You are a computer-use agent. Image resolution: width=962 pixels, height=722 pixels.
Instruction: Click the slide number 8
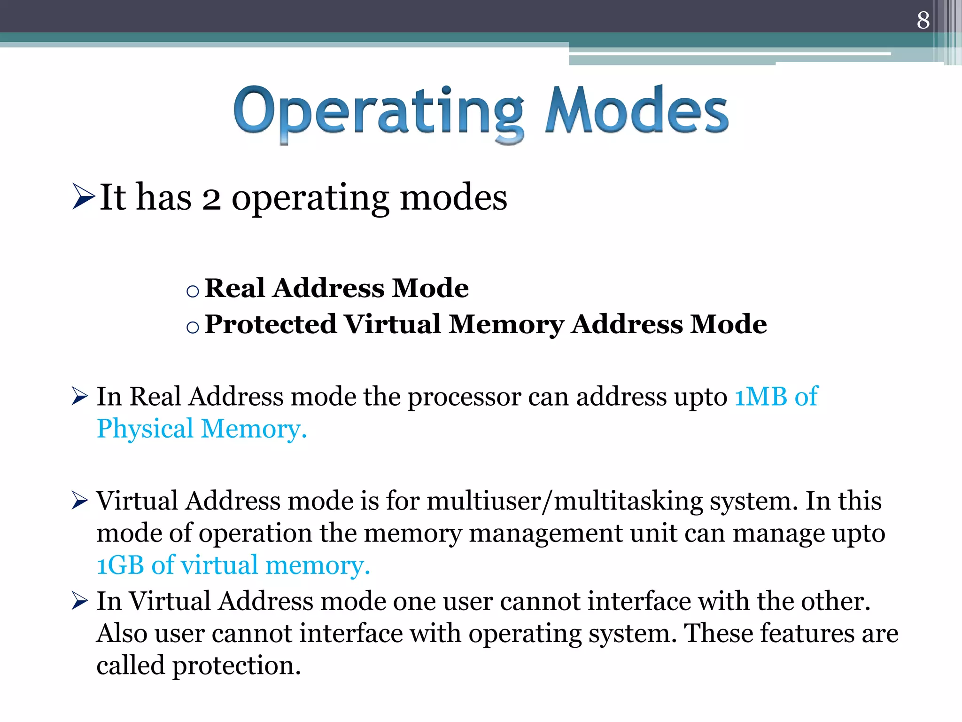(x=923, y=20)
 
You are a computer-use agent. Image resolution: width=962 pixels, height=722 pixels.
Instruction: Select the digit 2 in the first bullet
(x=211, y=199)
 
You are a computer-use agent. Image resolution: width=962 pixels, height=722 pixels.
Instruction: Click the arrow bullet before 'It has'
(x=84, y=196)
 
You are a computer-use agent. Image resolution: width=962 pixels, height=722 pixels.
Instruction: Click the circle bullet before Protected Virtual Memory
(x=193, y=327)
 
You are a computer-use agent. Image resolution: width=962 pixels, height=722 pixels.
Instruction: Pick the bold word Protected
(x=271, y=324)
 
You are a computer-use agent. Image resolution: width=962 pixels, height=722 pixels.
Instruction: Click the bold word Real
(x=234, y=288)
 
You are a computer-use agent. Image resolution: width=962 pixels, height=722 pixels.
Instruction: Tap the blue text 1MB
(x=760, y=397)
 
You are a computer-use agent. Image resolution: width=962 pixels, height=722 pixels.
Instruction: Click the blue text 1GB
(x=120, y=565)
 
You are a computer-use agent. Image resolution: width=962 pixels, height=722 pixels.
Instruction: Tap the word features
(x=807, y=633)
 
